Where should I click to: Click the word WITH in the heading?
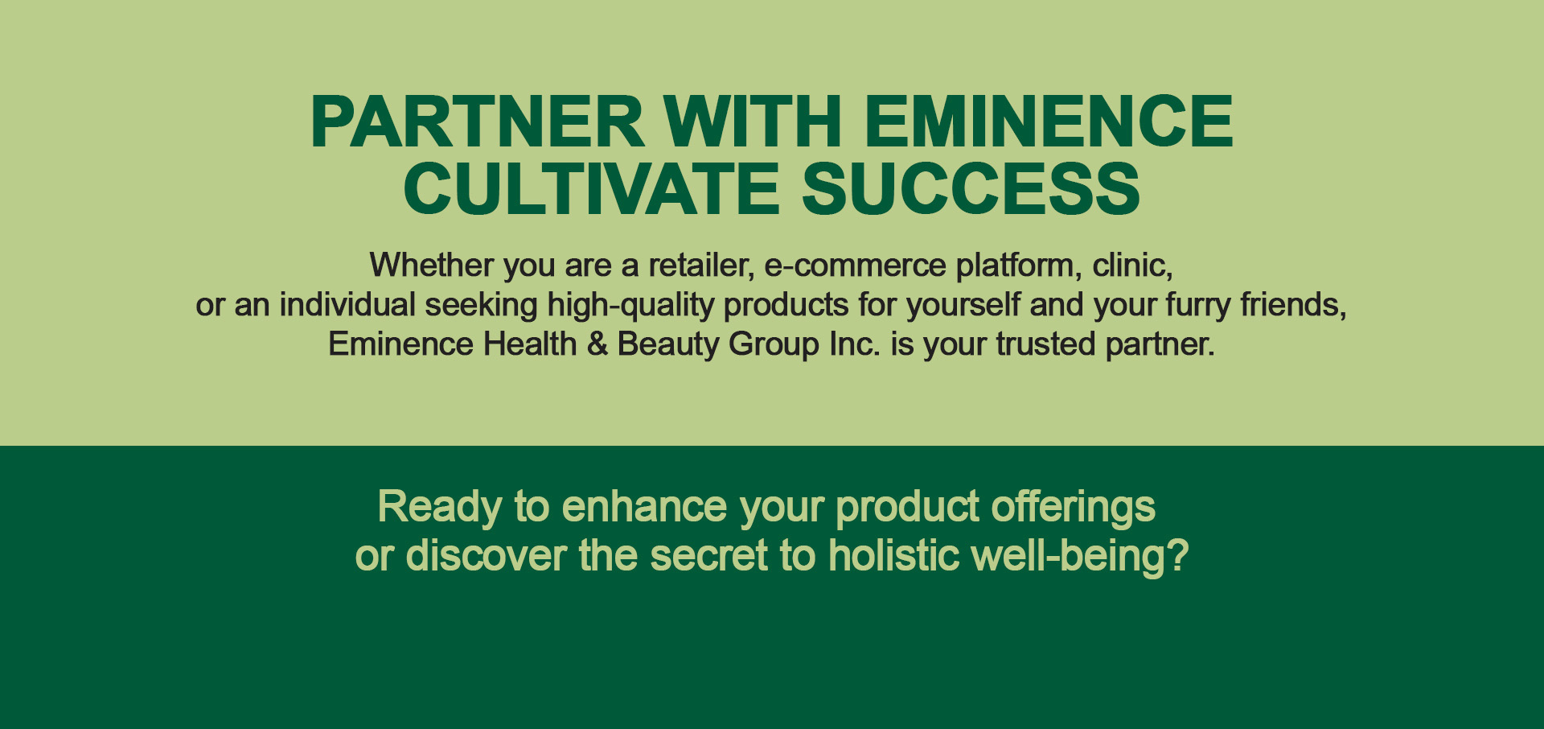[753, 121]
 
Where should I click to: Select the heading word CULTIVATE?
[591, 188]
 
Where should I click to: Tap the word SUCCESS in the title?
[971, 188]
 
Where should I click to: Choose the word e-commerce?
[855, 266]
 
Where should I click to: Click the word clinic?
[1132, 266]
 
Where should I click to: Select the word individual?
[347, 305]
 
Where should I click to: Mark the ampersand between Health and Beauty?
[597, 344]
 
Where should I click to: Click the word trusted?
[1045, 344]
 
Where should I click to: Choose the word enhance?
[645, 507]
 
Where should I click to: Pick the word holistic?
[895, 555]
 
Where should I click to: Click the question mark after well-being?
[1178, 555]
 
